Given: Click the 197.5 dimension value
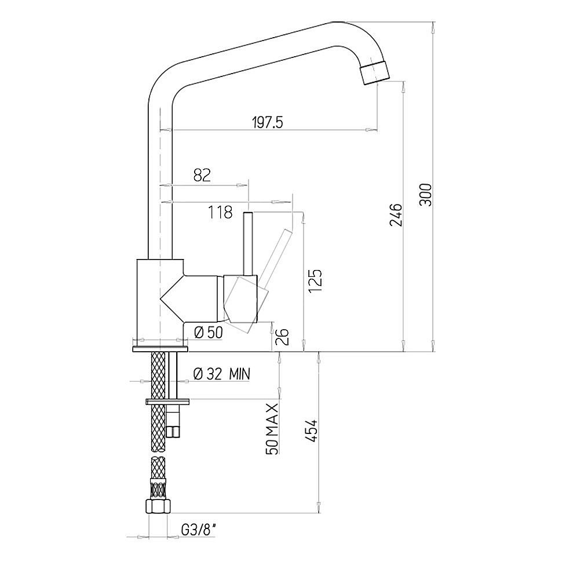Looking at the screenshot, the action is pos(268,123).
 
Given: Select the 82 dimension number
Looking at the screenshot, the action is pos(202,175).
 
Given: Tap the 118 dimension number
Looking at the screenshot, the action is pos(220,212).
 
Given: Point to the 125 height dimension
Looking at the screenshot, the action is pos(316,280).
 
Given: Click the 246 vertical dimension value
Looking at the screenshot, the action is pos(396,215).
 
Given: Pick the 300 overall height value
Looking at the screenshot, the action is pos(426,195).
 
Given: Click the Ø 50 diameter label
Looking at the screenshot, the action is pos(208,333).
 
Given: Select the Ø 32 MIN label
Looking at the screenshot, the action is pos(221,374).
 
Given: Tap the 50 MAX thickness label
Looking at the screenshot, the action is pos(272,429).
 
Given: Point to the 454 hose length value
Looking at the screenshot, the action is pos(312,430).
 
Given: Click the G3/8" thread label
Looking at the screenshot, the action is pos(199,530).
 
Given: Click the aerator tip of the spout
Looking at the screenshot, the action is pos(375,72).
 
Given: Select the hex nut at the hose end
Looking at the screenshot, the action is pos(158,506).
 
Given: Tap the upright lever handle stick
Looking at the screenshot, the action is pos(248,244).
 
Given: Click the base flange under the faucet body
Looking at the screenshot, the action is pos(160,349).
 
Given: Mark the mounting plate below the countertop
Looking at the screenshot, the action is pos(167,402).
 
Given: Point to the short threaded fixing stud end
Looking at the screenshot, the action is pos(173,431).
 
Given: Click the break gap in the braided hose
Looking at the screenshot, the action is pos(158,454).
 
